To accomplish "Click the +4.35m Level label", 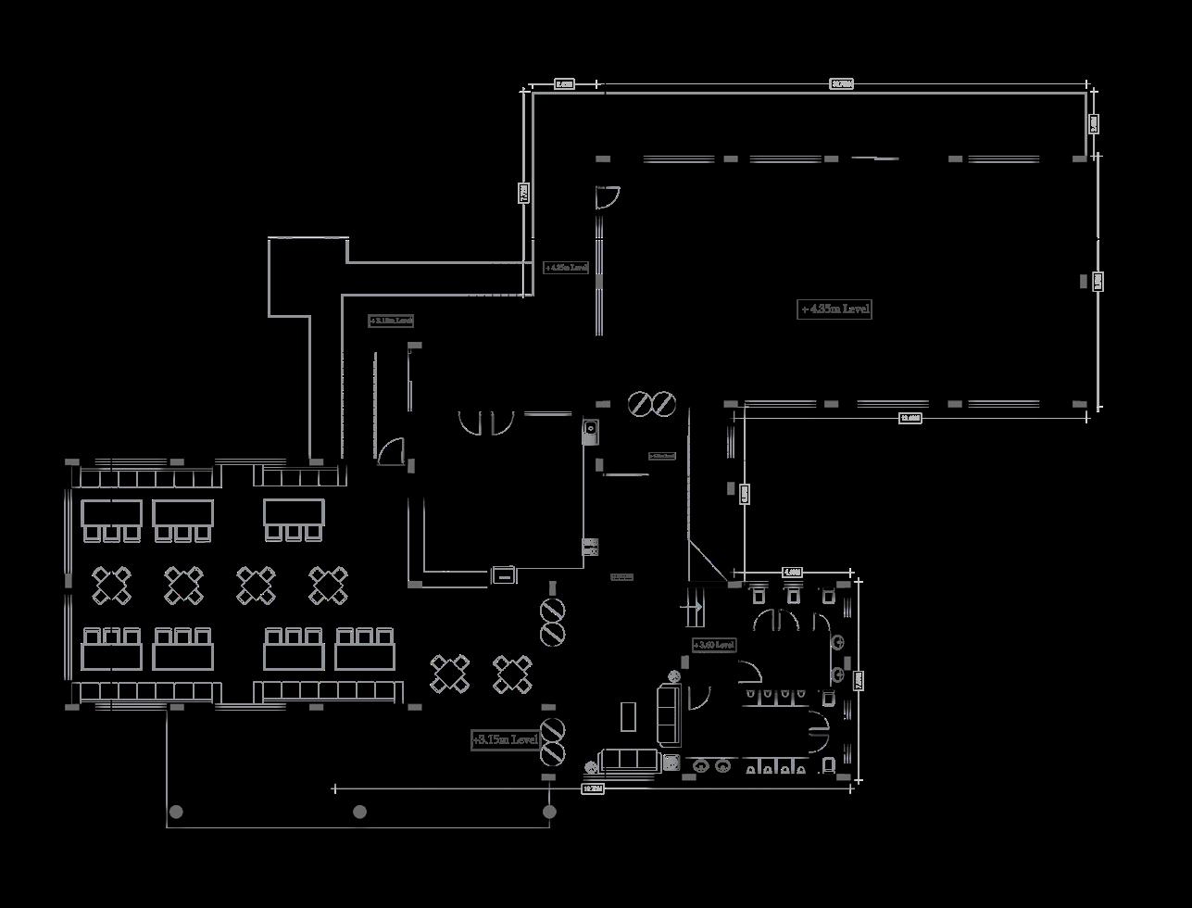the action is [x=834, y=309].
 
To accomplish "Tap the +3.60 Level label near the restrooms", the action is [x=714, y=645].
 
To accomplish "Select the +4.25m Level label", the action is [x=566, y=268].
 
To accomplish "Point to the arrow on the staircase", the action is [x=692, y=607].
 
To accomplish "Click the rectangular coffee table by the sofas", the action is [x=628, y=716].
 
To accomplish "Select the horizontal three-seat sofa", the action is [x=629, y=761].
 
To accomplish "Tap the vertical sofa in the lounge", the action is [x=669, y=713].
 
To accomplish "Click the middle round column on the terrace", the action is [x=359, y=812].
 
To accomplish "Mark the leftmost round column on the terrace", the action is [x=176, y=812].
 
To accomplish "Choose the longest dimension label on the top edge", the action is [x=841, y=84].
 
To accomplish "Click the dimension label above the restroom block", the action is [x=792, y=573].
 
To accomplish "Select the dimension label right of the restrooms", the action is [x=859, y=680].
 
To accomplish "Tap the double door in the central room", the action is [x=485, y=422].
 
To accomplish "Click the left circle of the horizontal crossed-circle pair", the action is [x=640, y=404].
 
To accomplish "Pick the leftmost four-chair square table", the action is [x=111, y=586].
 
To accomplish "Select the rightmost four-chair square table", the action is [x=512, y=674].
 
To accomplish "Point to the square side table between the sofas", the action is [x=671, y=763].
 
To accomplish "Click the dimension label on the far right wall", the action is [x=1098, y=281].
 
